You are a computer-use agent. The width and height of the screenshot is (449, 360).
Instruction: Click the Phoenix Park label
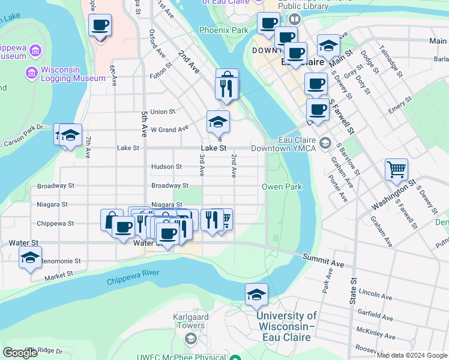(x=224, y=29)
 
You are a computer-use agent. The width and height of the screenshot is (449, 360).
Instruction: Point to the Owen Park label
(x=282, y=187)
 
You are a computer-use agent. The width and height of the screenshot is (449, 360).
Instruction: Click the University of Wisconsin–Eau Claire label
(x=286, y=326)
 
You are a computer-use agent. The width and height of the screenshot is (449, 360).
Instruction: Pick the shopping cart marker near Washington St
(x=396, y=170)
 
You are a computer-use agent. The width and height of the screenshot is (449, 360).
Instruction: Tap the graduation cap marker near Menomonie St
(x=30, y=258)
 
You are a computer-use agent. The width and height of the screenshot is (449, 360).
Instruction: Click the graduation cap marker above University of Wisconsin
(x=256, y=295)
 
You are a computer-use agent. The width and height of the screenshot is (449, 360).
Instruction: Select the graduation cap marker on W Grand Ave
(x=218, y=122)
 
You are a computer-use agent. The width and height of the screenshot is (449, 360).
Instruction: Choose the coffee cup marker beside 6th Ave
(x=100, y=25)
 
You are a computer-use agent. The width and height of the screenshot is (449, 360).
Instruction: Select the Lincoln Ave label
(x=375, y=296)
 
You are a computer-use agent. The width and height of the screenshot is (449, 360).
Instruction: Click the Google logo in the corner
(x=20, y=353)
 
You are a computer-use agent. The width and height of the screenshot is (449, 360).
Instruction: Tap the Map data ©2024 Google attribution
(x=411, y=355)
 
